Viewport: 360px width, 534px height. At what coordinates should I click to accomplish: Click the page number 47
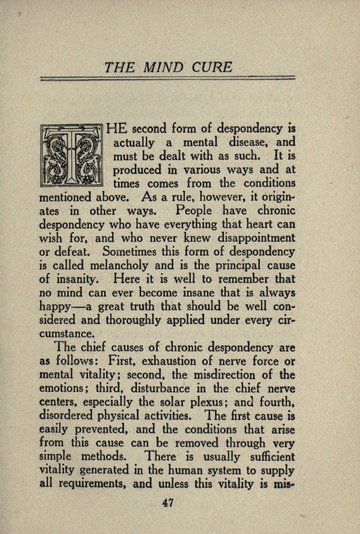[x=167, y=503]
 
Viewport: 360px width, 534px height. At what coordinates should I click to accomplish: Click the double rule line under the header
[x=167, y=79]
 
